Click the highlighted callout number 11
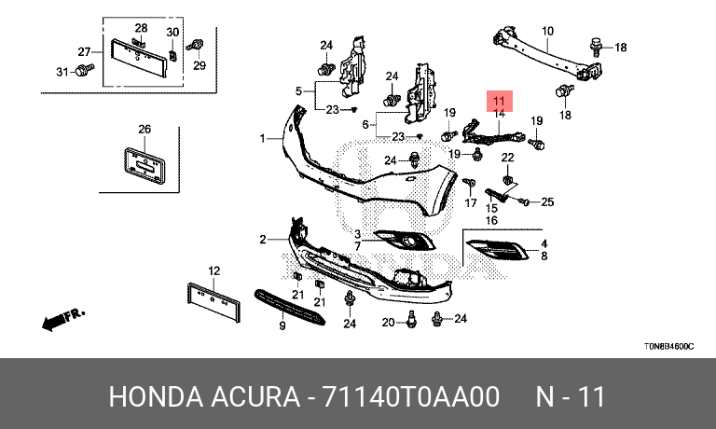(x=499, y=100)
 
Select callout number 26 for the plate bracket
(x=145, y=129)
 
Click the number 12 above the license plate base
(x=213, y=271)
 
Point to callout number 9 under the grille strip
(x=282, y=326)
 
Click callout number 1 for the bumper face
(x=263, y=139)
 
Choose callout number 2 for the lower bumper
(x=263, y=240)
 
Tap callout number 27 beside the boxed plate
(x=83, y=51)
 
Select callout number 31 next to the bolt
(x=62, y=72)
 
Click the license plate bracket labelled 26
(x=144, y=166)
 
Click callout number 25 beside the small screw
(x=547, y=201)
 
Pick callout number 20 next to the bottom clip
(x=388, y=322)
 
